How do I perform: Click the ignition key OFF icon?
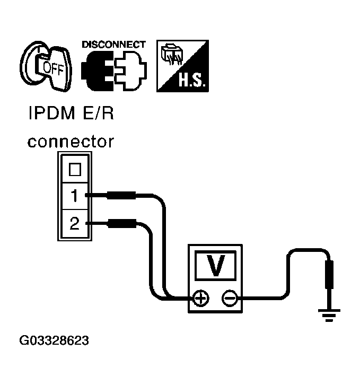pyautogui.click(x=46, y=66)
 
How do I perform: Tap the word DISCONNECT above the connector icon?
pyautogui.click(x=113, y=44)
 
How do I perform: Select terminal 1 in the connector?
pyautogui.click(x=74, y=196)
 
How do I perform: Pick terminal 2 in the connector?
pyautogui.click(x=74, y=224)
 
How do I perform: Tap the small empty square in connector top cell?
pyautogui.click(x=75, y=169)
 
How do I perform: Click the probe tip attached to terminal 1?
pyautogui.click(x=121, y=196)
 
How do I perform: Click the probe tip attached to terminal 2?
pyautogui.click(x=121, y=224)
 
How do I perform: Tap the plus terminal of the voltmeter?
pyautogui.click(x=200, y=299)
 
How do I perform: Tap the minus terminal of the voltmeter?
pyautogui.click(x=230, y=299)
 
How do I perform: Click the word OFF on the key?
pyautogui.click(x=52, y=67)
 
